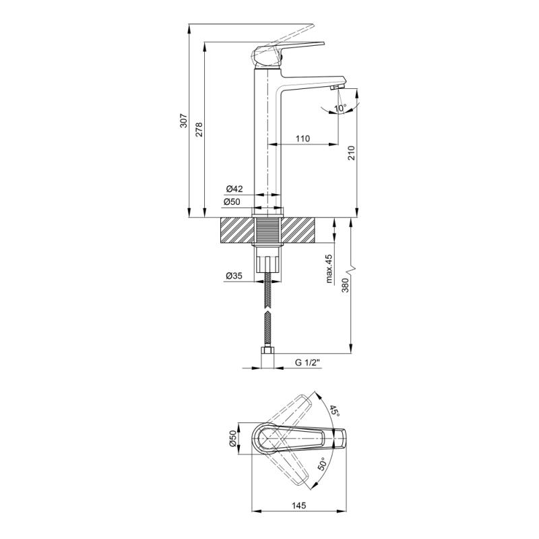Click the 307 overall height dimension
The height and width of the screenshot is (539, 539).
(184, 121)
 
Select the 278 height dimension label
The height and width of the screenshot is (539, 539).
(199, 129)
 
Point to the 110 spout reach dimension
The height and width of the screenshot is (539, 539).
(303, 139)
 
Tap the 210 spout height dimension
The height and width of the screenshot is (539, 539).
(351, 153)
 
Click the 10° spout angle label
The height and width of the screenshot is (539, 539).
(340, 108)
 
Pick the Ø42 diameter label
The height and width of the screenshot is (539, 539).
(234, 189)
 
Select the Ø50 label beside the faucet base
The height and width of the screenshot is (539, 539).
(232, 201)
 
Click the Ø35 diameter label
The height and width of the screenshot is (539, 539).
(234, 276)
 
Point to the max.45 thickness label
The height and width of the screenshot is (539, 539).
(329, 269)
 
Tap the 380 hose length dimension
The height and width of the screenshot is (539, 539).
(345, 285)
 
